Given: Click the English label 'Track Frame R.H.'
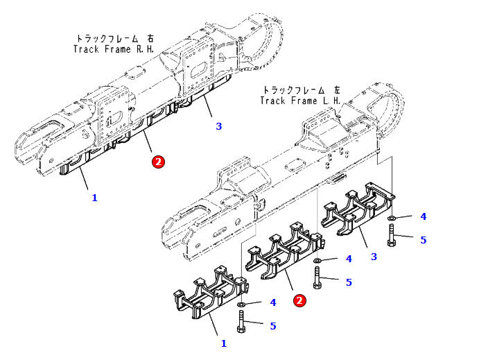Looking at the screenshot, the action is [114, 49].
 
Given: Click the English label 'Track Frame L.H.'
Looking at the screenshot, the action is [300, 101].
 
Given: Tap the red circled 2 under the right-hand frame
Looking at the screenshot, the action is [158, 162].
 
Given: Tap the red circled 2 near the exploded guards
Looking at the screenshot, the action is [299, 300].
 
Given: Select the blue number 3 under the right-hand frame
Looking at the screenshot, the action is [219, 126].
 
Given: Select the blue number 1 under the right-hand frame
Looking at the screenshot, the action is [95, 198].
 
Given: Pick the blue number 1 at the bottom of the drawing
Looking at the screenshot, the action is [224, 343].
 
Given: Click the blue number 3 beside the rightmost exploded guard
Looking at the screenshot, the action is [374, 257].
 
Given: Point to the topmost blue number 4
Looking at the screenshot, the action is [423, 216].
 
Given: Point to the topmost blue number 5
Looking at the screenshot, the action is [423, 240].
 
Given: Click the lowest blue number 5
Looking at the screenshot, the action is [273, 326].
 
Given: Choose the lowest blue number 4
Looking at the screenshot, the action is [273, 302].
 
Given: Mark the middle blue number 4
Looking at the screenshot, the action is [349, 259].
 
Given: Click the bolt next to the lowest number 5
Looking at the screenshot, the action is [241, 321].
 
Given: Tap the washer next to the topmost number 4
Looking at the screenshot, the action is [392, 218].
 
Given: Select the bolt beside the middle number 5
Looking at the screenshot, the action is [317, 277].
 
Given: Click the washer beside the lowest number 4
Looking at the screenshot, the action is [241, 305].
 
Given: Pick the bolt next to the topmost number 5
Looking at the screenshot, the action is [392, 235].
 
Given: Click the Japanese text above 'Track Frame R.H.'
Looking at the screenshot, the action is [114, 39].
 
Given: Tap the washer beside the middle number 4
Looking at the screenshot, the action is [317, 260].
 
